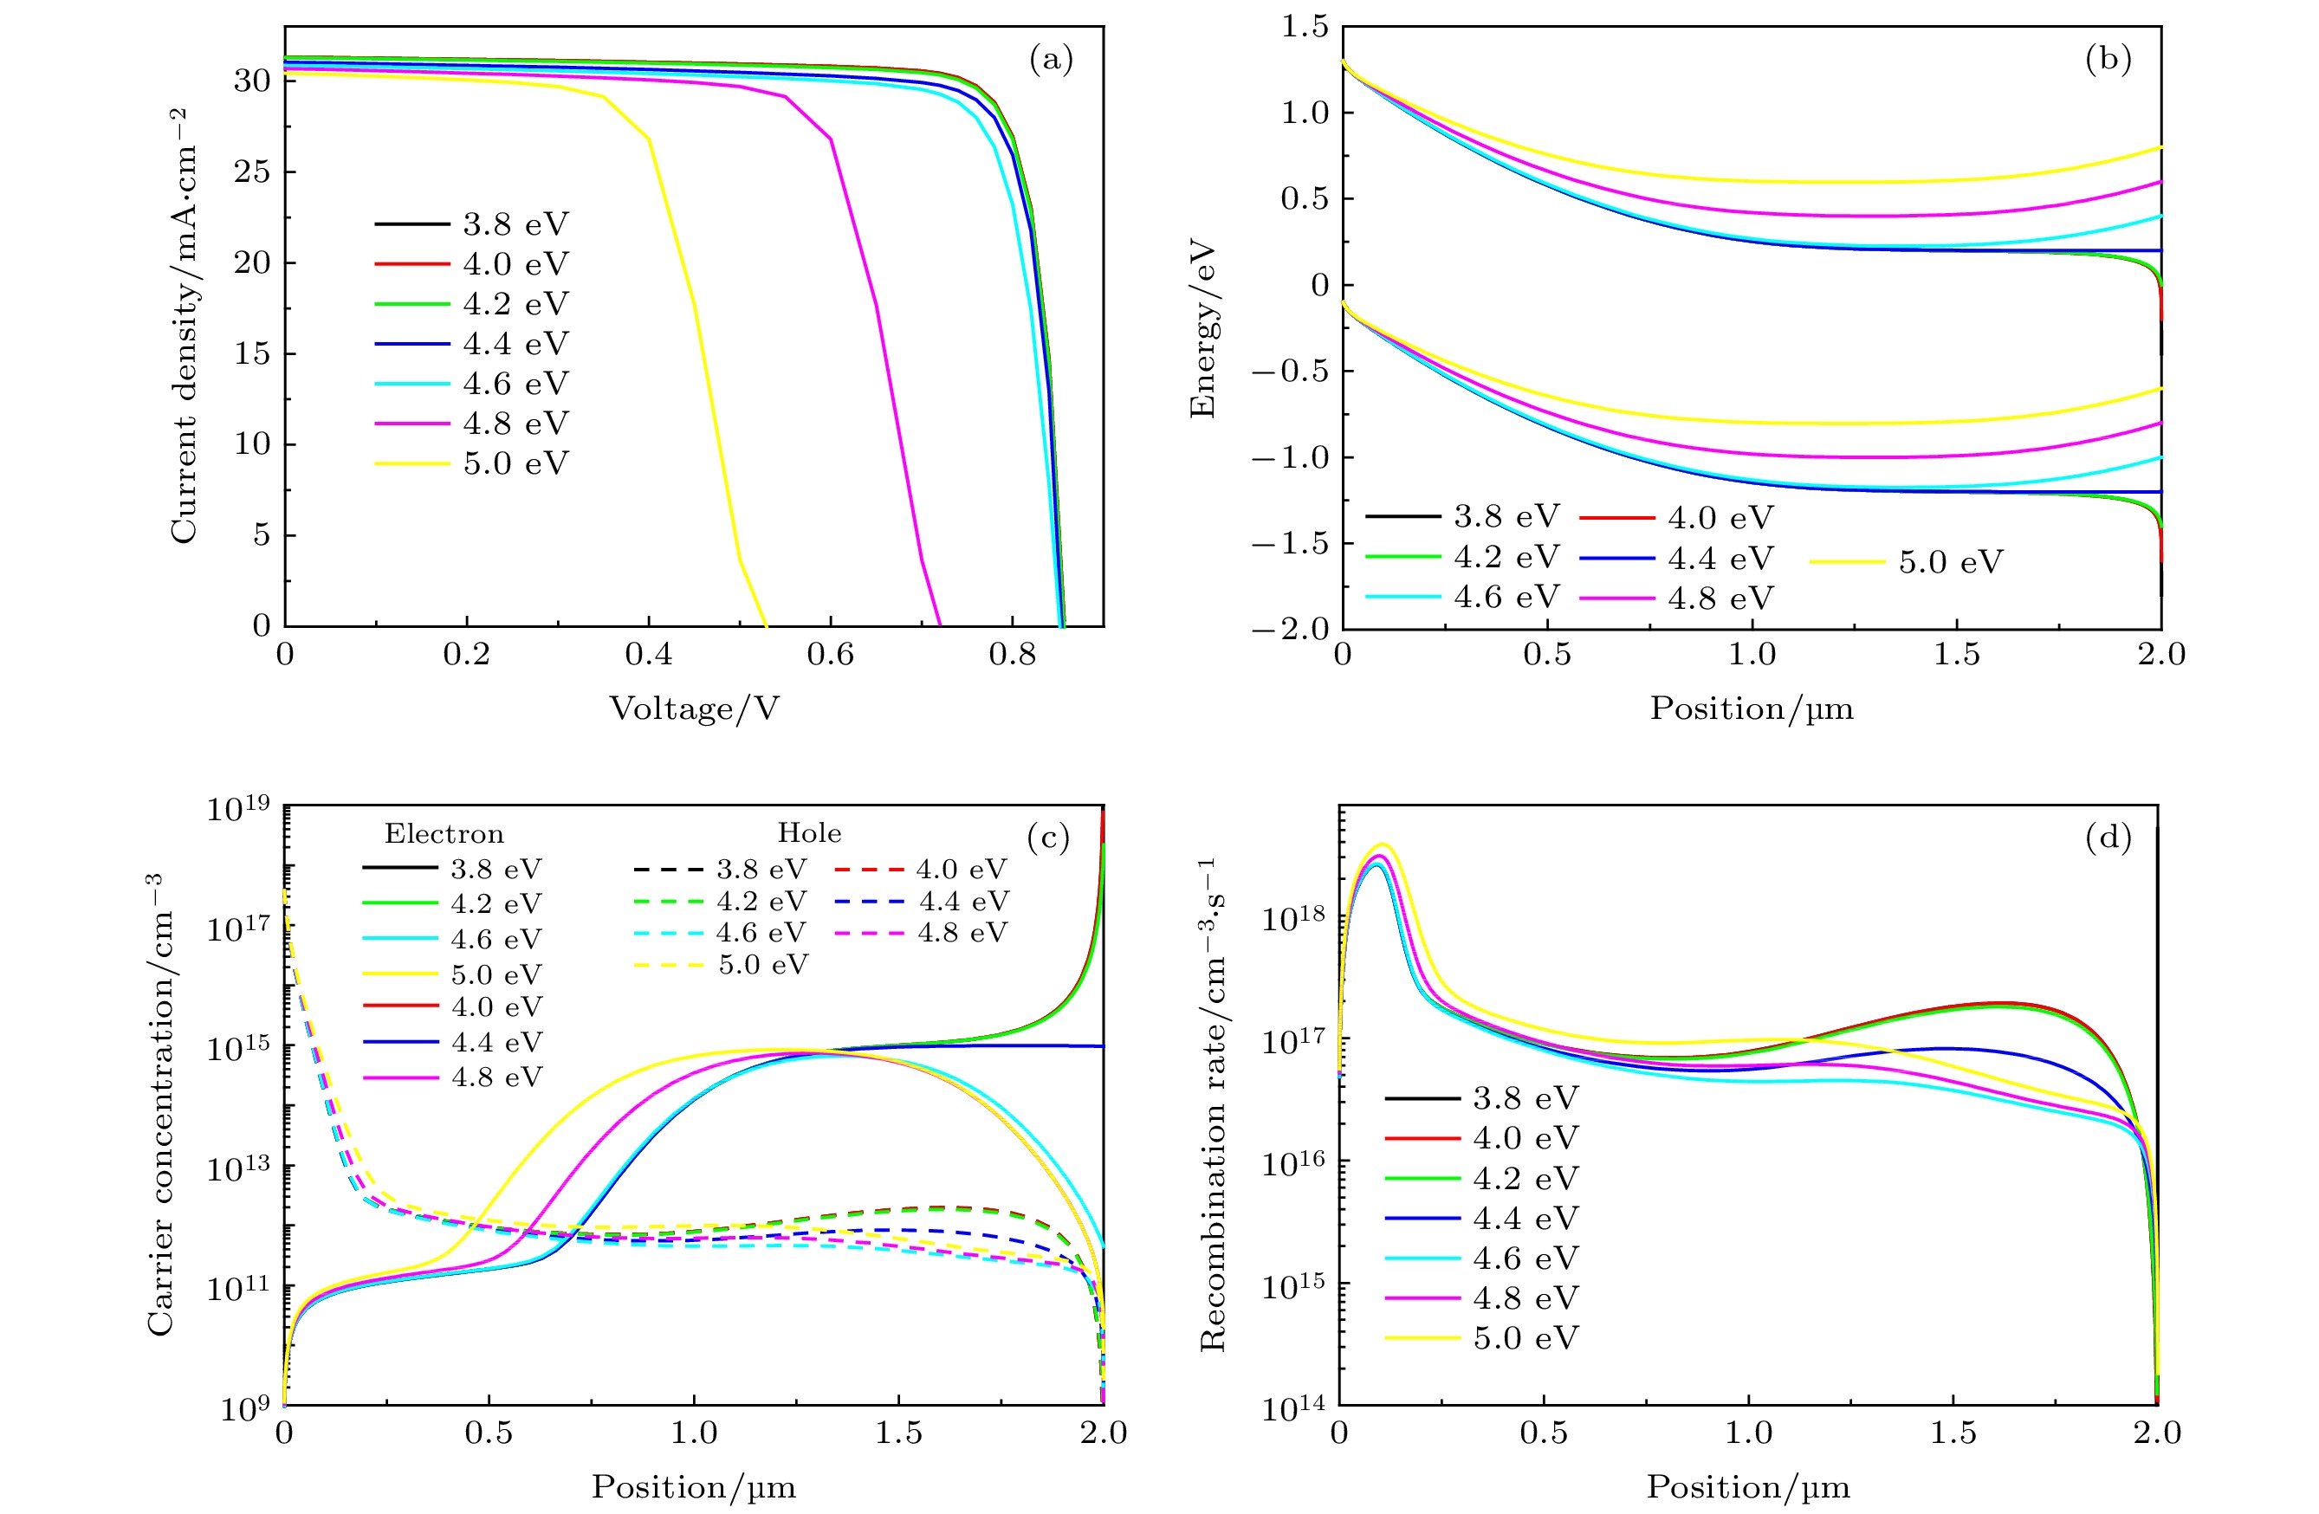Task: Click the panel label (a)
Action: [x=1051, y=61]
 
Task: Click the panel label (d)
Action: [x=2108, y=837]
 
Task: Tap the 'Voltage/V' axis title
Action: [x=694, y=708]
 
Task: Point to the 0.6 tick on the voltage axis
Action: [x=830, y=655]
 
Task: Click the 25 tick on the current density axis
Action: [x=251, y=171]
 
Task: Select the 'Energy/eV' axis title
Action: [x=1203, y=327]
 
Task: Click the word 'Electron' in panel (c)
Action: [x=444, y=834]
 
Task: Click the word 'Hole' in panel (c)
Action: [x=809, y=833]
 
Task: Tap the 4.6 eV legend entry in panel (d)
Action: [x=1525, y=1258]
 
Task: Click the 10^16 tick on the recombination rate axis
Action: [x=1294, y=1161]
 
